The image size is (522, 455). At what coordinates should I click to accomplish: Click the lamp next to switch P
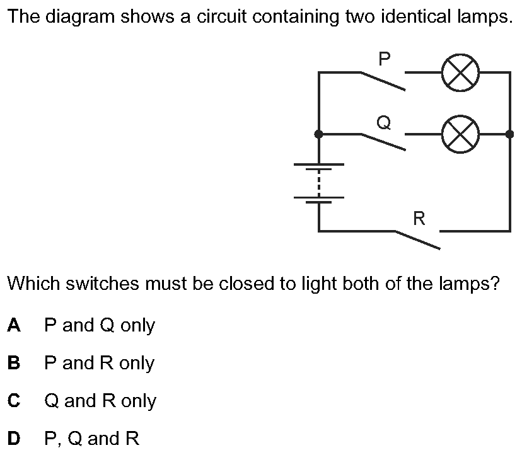pos(461,72)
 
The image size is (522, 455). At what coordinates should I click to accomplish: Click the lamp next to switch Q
pos(461,134)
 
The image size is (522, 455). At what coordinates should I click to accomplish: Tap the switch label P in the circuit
pos(384,59)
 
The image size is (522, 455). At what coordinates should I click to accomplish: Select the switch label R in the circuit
pos(419,219)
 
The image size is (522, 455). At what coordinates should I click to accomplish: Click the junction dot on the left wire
pos(319,134)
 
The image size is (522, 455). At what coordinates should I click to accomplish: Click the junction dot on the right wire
pos(509,134)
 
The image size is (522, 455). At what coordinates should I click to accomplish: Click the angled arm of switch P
pos(383,81)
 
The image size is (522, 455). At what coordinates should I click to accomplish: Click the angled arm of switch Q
pos(383,142)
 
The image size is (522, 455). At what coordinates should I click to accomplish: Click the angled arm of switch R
pos(417,240)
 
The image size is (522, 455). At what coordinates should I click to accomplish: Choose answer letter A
pos(14,325)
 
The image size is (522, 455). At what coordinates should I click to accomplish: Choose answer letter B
pos(14,363)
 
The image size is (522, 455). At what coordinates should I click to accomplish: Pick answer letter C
pos(14,401)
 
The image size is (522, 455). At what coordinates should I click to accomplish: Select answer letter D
pos(14,439)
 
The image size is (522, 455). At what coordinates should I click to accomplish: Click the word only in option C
pos(138,401)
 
